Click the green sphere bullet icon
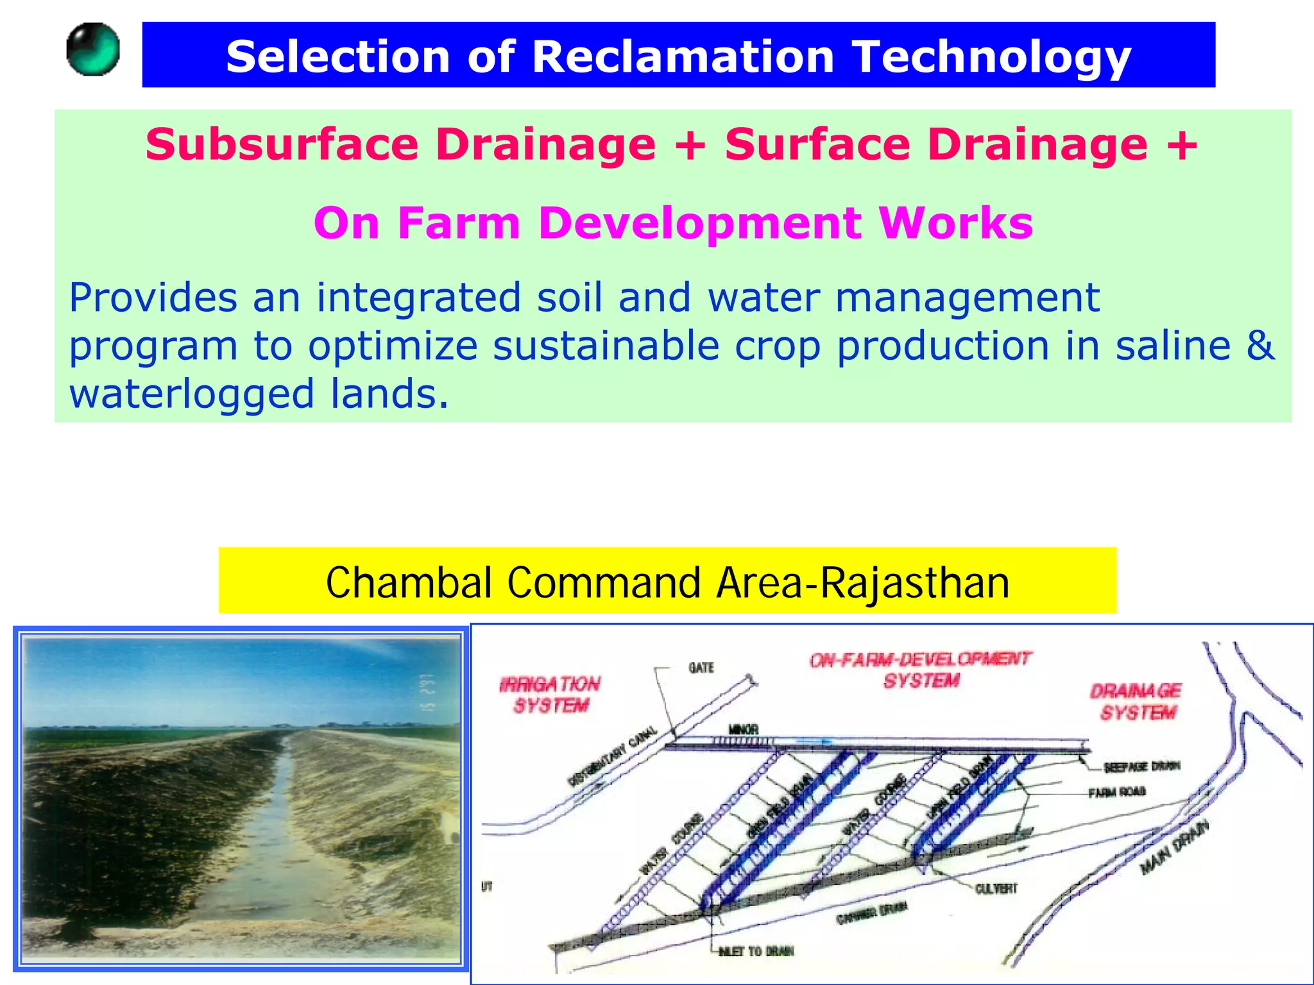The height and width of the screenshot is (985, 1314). pos(93,49)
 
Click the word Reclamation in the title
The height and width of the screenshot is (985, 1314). pos(683,56)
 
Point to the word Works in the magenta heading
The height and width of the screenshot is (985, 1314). pos(956,223)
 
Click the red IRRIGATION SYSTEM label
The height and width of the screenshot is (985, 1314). pos(550,695)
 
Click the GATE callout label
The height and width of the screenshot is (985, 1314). pos(701,668)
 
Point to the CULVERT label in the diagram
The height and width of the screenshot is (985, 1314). pos(996,888)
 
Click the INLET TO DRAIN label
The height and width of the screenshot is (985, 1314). pos(756,951)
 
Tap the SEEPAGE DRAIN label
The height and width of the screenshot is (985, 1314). pos(1141,766)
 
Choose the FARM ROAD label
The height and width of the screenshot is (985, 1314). pos(1117,793)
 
